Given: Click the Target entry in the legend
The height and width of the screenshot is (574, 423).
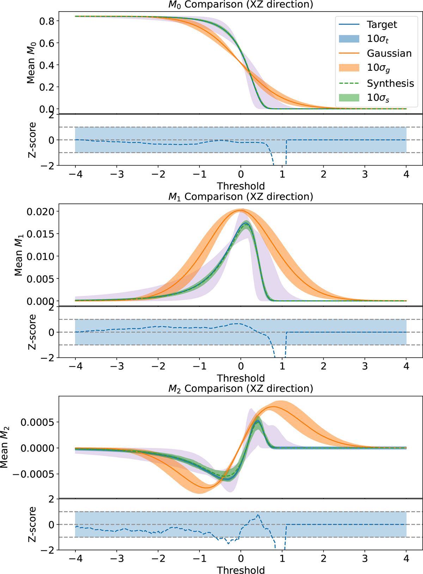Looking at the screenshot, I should (x=382, y=25).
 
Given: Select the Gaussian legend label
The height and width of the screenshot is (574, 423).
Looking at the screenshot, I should (x=389, y=53).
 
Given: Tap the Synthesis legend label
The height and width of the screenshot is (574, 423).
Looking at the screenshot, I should (x=390, y=83).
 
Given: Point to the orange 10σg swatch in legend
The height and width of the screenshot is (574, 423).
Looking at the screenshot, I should (x=349, y=68).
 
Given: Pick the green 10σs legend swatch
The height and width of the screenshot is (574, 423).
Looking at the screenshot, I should (x=349, y=97).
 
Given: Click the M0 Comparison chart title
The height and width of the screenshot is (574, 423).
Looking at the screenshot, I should (x=241, y=5).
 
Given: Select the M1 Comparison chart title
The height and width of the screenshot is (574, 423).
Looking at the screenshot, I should (x=241, y=197).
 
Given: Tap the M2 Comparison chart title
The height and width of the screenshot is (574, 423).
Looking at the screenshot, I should (x=241, y=389).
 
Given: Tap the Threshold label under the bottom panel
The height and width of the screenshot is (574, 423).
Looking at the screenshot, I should (x=241, y=570).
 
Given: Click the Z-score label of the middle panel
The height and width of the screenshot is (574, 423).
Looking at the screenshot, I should (x=32, y=332).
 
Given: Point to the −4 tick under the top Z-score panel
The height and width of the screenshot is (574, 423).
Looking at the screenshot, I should (x=75, y=175).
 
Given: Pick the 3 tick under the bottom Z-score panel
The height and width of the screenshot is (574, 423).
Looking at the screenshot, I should (x=365, y=559).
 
